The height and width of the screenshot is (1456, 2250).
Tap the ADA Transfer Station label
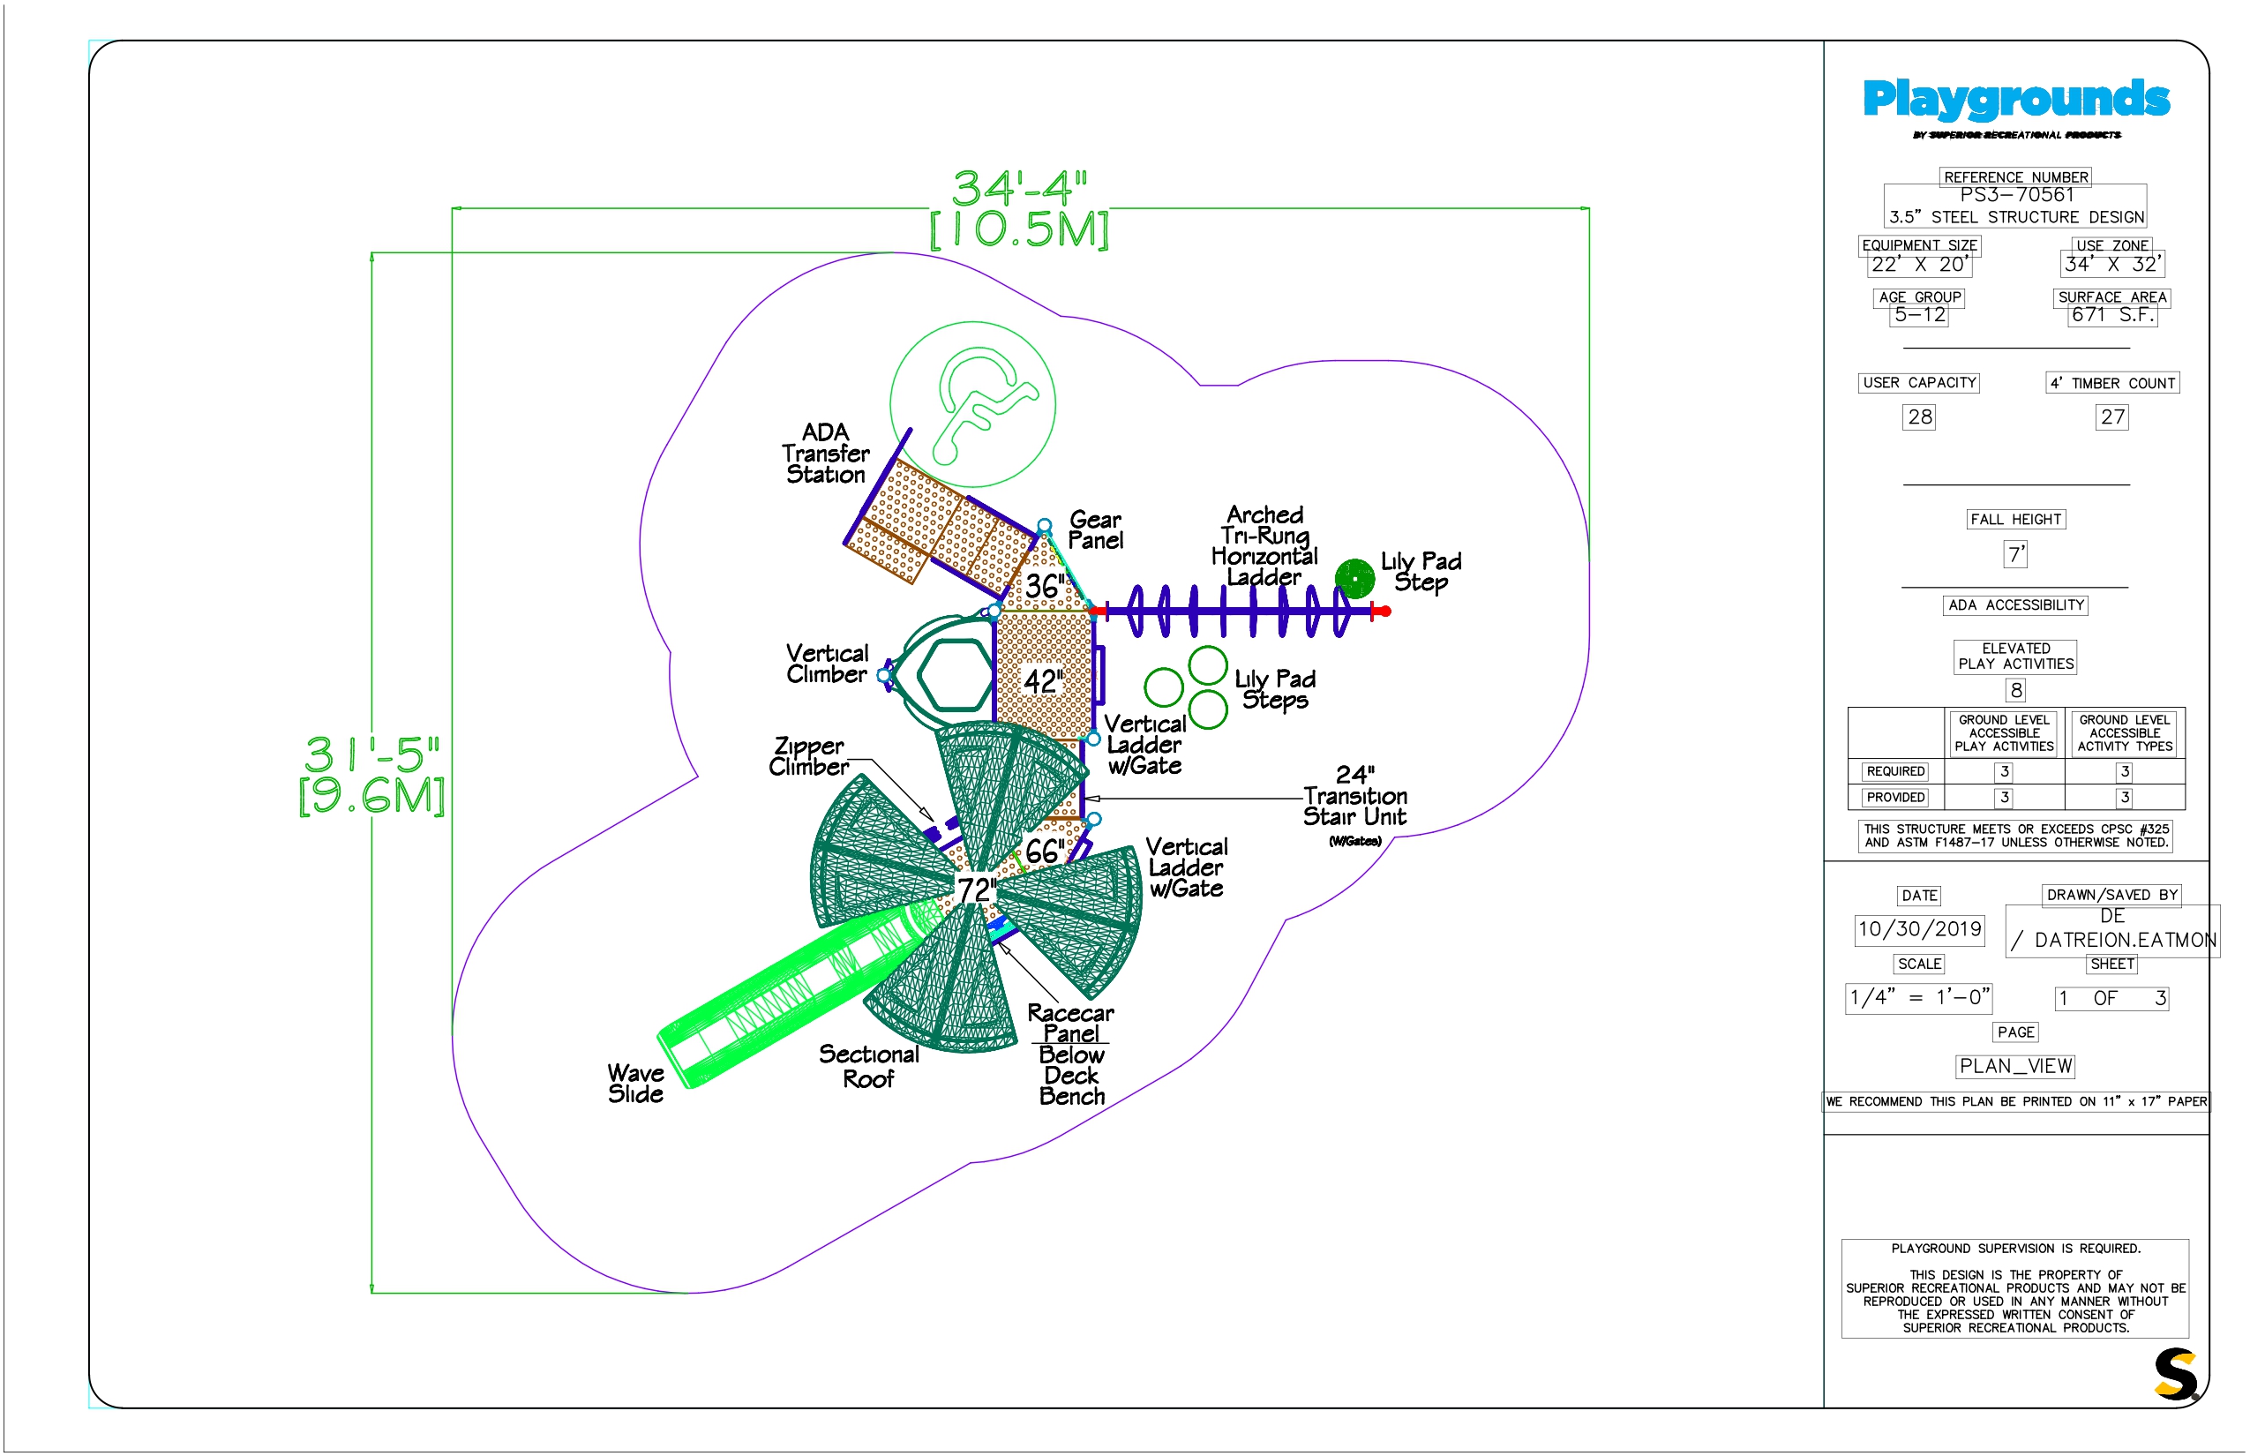(x=825, y=454)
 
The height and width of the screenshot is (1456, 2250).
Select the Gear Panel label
(x=1095, y=530)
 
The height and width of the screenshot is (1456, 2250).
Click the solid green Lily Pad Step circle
(x=1354, y=578)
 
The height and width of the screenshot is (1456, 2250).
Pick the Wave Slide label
(x=635, y=1084)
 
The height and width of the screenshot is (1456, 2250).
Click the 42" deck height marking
(x=1044, y=680)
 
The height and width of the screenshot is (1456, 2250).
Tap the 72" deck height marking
(x=977, y=889)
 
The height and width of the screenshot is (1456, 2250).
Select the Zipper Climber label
(x=808, y=756)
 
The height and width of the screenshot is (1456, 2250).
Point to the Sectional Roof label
(x=869, y=1067)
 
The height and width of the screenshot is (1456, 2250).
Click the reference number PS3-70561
(x=2016, y=195)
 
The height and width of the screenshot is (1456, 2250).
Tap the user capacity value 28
(x=1919, y=417)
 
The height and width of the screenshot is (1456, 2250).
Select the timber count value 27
(x=2112, y=417)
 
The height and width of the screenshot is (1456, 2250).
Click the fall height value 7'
(x=2015, y=554)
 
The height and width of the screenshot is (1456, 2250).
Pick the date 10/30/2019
(x=1919, y=928)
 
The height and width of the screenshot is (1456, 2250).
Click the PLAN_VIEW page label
(x=2015, y=1067)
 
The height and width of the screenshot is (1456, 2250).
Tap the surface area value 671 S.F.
(x=2112, y=315)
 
